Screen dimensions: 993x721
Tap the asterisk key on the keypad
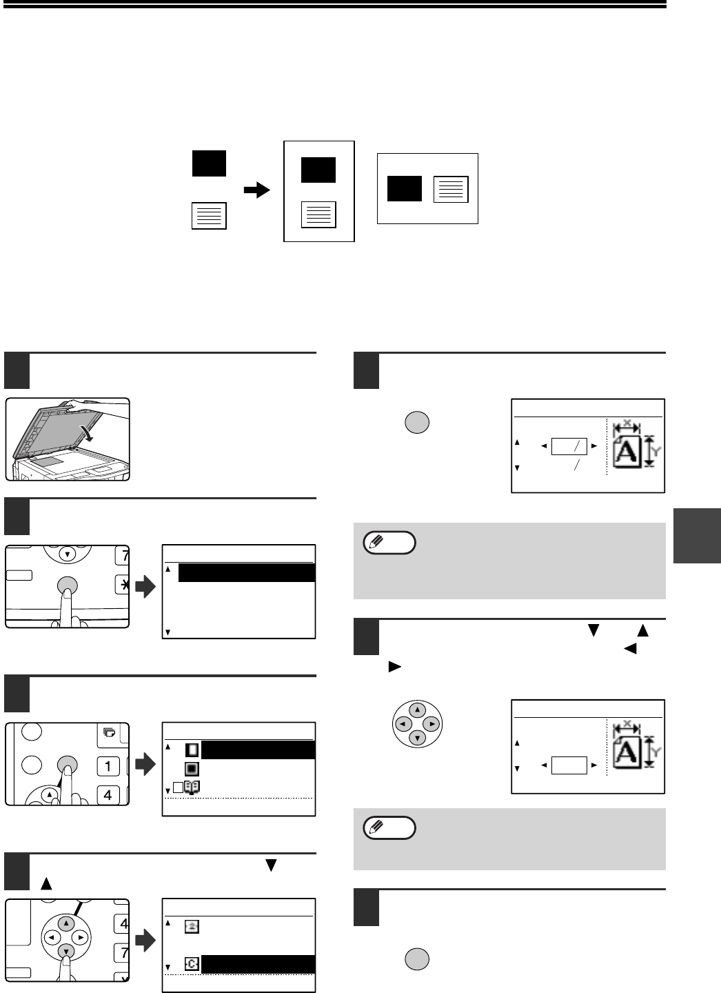click(123, 585)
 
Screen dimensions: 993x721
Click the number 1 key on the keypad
click(108, 765)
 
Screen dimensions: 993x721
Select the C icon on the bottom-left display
click(192, 964)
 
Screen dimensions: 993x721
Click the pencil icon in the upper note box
click(378, 543)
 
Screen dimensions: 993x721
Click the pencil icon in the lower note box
click(378, 827)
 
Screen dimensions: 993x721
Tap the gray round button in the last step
click(416, 959)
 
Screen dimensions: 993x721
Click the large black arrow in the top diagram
click(258, 191)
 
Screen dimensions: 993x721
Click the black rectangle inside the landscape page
click(404, 188)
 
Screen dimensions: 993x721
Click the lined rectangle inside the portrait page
click(318, 214)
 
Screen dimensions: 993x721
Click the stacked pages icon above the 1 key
click(108, 733)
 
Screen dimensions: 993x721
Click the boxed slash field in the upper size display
click(569, 446)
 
